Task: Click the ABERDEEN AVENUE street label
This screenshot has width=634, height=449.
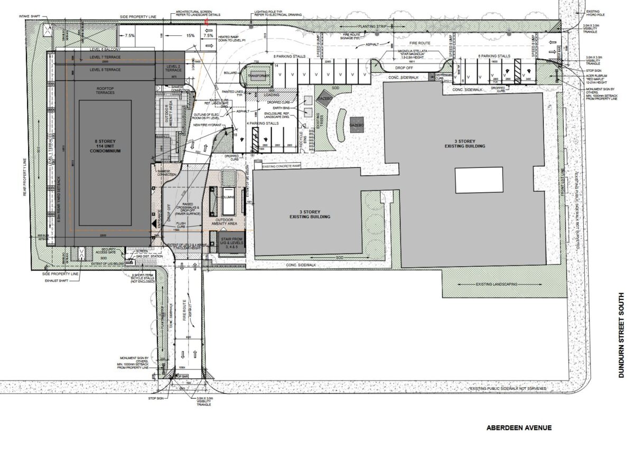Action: [519, 427]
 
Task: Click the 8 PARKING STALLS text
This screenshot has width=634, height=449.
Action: [289, 56]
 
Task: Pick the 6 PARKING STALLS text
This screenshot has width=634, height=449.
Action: [494, 56]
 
